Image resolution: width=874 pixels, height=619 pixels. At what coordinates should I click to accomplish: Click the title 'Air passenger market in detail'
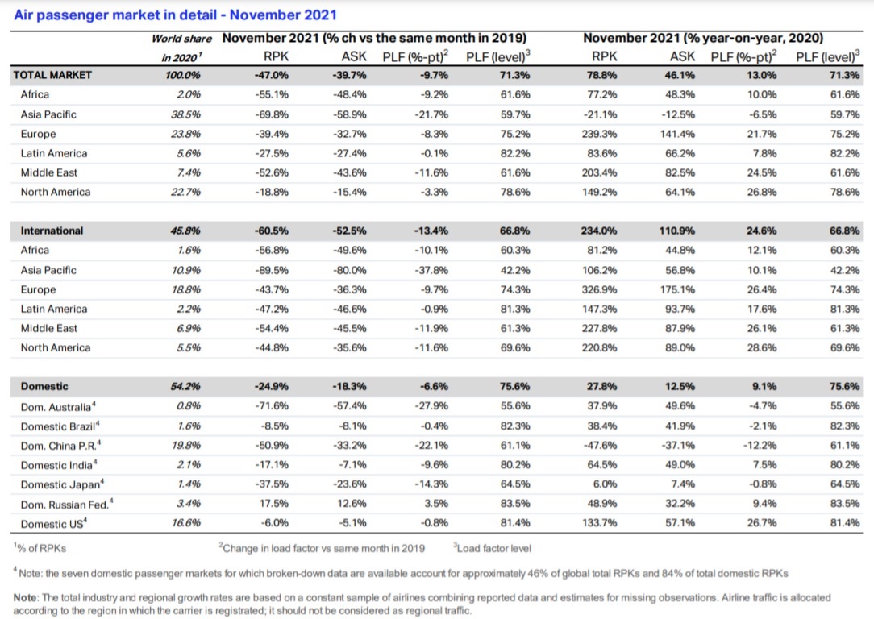tap(115, 15)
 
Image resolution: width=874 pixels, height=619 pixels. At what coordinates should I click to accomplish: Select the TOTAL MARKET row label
tap(52, 75)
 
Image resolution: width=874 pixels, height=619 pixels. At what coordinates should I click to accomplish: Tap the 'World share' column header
tap(181, 39)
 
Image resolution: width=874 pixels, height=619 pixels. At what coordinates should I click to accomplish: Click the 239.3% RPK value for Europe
tap(599, 134)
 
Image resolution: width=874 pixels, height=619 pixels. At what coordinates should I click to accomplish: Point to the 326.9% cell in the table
tap(599, 289)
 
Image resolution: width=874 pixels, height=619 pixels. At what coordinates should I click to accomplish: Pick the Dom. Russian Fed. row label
tap(67, 505)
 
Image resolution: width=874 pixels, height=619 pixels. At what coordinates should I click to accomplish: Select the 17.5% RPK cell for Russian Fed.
tap(273, 504)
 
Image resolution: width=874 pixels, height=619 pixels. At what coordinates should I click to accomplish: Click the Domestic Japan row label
tap(62, 484)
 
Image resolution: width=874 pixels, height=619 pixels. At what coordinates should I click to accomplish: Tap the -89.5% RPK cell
tap(272, 270)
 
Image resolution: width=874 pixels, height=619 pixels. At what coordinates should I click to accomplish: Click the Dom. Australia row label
tap(58, 407)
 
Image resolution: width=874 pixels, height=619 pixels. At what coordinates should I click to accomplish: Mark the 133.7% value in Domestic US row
tap(599, 522)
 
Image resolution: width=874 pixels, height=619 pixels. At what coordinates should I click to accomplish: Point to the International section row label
tap(52, 231)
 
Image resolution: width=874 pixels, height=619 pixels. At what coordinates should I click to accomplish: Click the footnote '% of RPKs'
tap(40, 548)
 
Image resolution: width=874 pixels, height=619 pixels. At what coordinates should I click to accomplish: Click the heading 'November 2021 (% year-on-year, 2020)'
tap(703, 38)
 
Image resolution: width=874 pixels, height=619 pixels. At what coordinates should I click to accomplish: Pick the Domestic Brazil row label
tap(60, 426)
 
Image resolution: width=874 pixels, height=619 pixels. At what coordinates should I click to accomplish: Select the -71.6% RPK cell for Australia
tap(272, 406)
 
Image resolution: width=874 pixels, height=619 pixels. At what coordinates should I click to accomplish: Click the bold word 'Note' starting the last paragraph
tap(25, 597)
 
